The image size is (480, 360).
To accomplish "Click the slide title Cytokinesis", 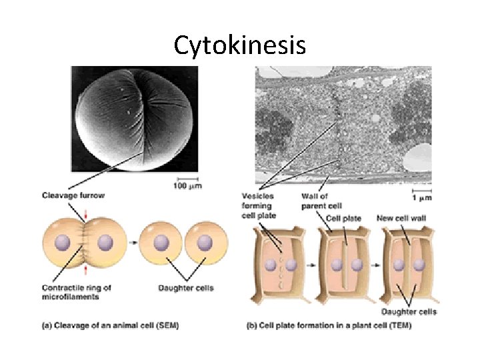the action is (240, 45).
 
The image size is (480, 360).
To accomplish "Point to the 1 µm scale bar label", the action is (421, 197).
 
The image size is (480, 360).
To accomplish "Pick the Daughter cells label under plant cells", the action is (409, 311).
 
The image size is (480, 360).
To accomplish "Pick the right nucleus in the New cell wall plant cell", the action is (419, 265).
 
